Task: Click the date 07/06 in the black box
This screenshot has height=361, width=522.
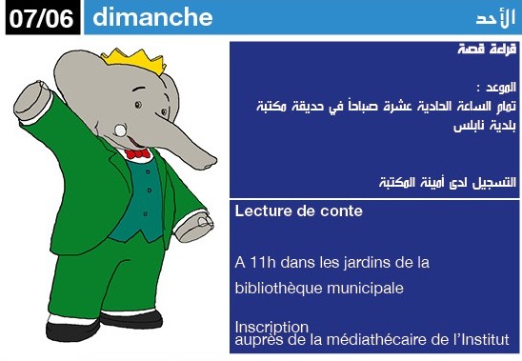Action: [x=41, y=18]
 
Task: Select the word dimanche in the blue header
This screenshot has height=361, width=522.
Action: [x=152, y=16]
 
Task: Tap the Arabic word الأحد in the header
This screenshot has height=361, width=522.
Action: [x=495, y=18]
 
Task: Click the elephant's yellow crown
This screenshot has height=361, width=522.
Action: [x=134, y=60]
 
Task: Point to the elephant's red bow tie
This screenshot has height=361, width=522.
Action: [x=137, y=153]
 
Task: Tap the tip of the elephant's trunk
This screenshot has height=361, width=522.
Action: [x=210, y=163]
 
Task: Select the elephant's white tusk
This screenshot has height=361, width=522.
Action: [x=120, y=130]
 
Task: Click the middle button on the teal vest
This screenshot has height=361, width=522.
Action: [x=150, y=191]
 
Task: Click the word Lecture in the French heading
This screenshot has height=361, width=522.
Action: [x=258, y=211]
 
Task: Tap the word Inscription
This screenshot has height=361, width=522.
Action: [x=271, y=327]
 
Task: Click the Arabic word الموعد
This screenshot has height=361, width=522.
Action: [x=501, y=88]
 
